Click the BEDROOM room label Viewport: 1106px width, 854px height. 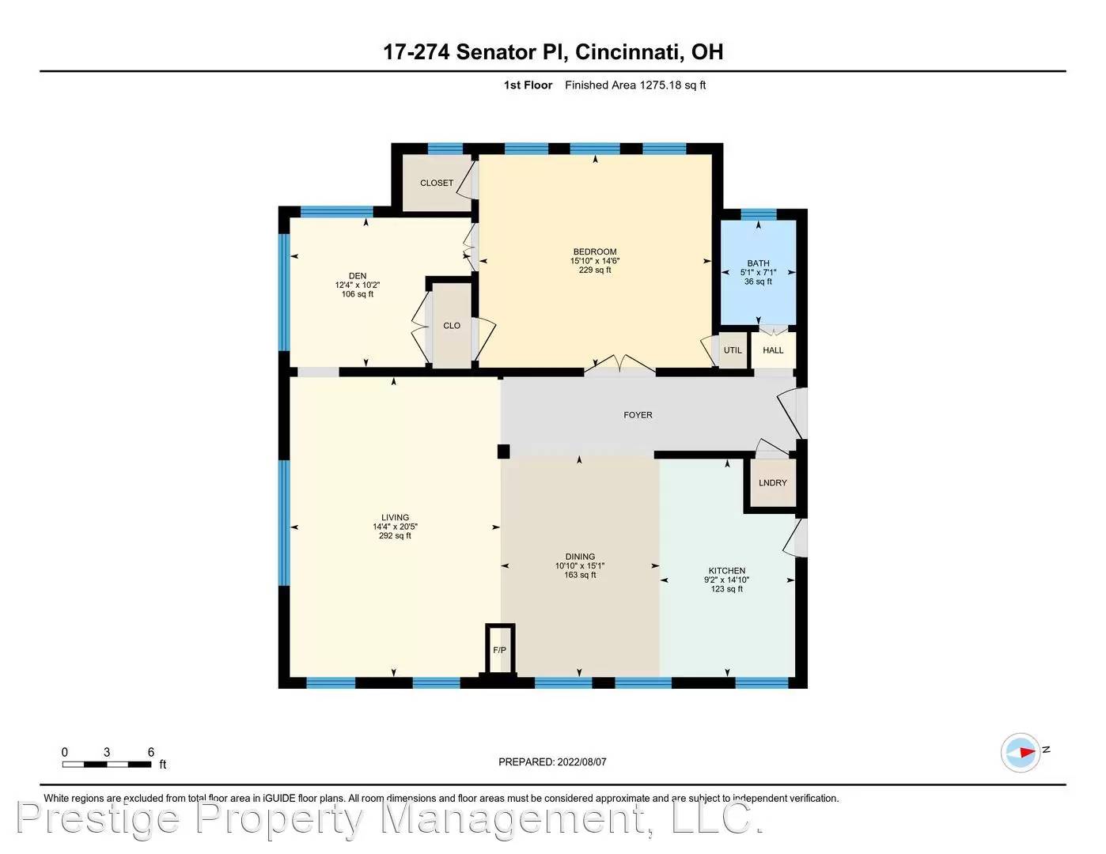click(x=595, y=252)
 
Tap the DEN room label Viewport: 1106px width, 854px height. click(x=358, y=276)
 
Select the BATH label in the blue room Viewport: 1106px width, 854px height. click(x=758, y=263)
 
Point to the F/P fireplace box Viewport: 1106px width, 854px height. click(x=500, y=650)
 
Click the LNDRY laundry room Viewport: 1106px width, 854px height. click(x=772, y=483)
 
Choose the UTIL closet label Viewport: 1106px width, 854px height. click(x=733, y=350)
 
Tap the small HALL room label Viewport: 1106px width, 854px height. click(x=773, y=350)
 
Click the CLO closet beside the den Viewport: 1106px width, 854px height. click(x=452, y=326)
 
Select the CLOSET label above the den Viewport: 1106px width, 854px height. click(x=437, y=183)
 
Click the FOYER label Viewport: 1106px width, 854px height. click(x=638, y=414)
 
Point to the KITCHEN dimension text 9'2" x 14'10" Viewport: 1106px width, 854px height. click(x=726, y=580)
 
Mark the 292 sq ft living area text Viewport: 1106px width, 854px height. click(x=395, y=536)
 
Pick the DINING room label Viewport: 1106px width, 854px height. click(x=580, y=557)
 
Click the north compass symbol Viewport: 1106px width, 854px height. click(x=1021, y=752)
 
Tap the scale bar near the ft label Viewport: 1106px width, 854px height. click(x=108, y=764)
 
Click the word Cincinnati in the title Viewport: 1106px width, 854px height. click(x=627, y=52)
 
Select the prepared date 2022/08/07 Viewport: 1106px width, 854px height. click(x=581, y=762)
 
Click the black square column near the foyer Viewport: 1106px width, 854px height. click(x=503, y=452)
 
